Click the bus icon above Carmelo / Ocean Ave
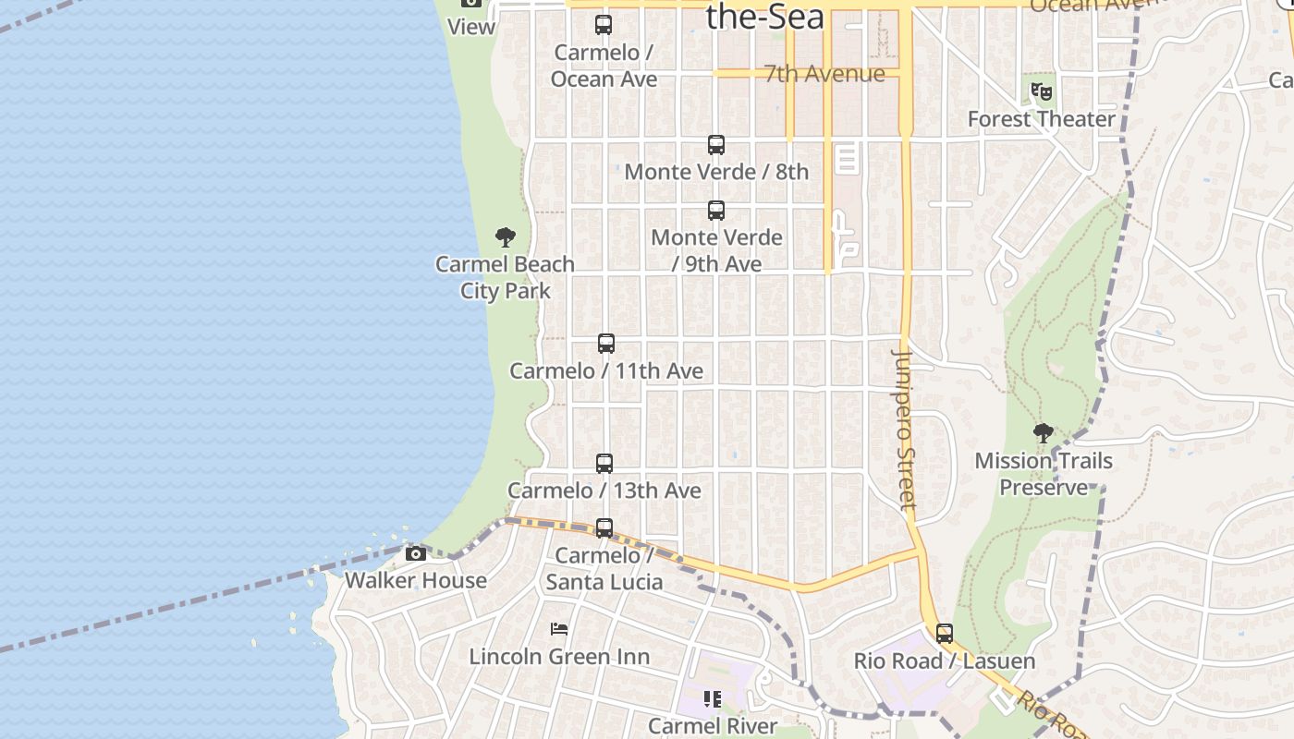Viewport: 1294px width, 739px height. point(604,25)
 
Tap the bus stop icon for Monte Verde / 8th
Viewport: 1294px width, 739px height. point(716,145)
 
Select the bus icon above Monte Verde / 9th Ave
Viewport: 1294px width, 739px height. point(716,211)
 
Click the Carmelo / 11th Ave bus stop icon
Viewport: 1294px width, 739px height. point(606,344)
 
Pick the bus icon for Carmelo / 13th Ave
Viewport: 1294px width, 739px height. point(604,464)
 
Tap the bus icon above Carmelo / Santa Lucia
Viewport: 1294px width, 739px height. point(604,528)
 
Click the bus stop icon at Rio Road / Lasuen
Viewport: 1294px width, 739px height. point(945,634)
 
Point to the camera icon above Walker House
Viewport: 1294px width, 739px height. point(416,554)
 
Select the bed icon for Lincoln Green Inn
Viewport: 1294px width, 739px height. point(559,629)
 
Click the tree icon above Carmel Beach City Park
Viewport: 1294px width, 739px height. point(505,237)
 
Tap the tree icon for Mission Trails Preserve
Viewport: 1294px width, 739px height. point(1044,433)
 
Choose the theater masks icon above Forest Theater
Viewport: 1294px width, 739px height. point(1042,91)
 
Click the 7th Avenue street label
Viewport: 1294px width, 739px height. point(824,74)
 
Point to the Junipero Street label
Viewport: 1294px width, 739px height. point(906,430)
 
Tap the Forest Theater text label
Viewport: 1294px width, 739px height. point(1042,119)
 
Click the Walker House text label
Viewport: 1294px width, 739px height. point(416,580)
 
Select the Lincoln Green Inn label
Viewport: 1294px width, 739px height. point(559,657)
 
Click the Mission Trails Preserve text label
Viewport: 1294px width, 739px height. point(1044,474)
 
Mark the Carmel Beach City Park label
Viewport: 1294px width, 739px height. point(505,277)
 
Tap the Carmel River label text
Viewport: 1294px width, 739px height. point(713,726)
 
